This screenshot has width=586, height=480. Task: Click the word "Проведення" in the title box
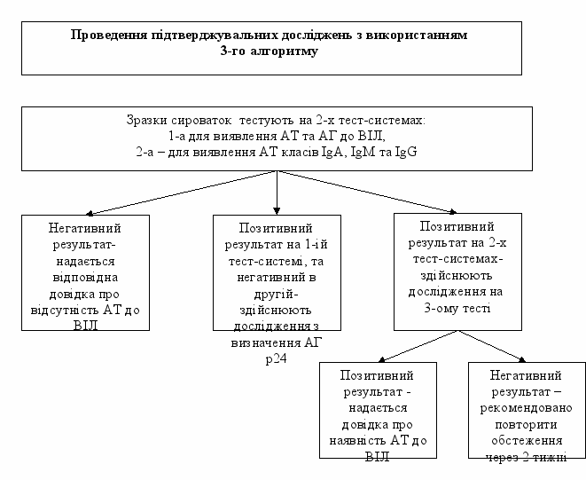tap(105, 36)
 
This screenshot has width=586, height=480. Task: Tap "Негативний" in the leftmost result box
tap(85, 229)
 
